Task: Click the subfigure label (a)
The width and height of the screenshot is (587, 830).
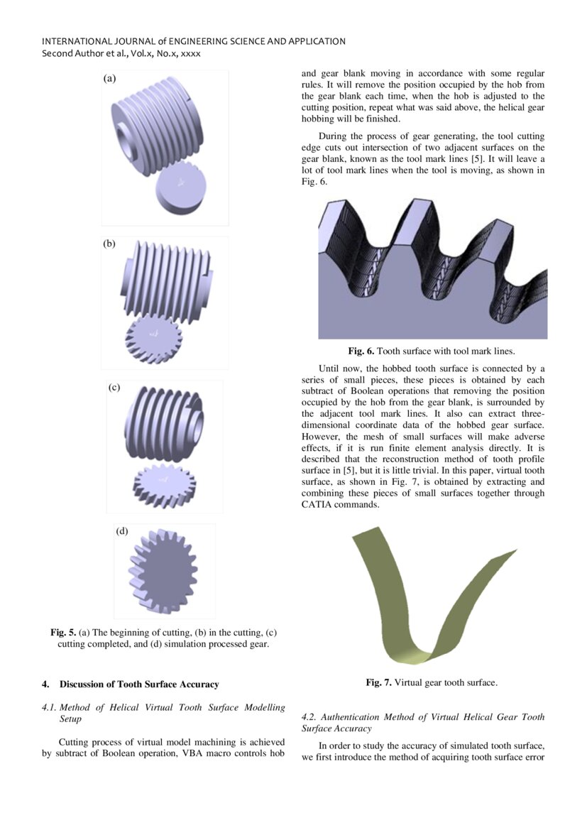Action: tap(109, 79)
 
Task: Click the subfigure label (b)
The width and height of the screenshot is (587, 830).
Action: tap(109, 244)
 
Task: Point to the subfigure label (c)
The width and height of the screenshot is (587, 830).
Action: tap(114, 388)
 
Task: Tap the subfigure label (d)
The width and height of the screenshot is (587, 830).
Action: tap(122, 530)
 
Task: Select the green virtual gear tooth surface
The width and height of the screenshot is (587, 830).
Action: tap(397, 604)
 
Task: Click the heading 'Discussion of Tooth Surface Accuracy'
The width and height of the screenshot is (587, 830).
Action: tap(139, 684)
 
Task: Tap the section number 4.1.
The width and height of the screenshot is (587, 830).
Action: tap(50, 707)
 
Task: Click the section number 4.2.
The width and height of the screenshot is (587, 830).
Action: tap(309, 717)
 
